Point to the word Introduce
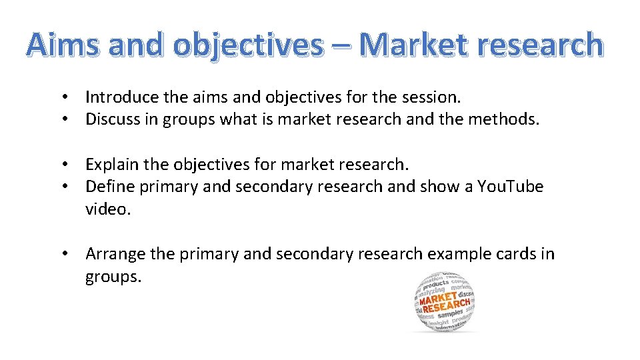coord(123,97)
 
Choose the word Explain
coord(111,164)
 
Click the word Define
coord(109,187)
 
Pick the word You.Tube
coord(510,187)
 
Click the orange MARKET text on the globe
coord(437,298)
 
